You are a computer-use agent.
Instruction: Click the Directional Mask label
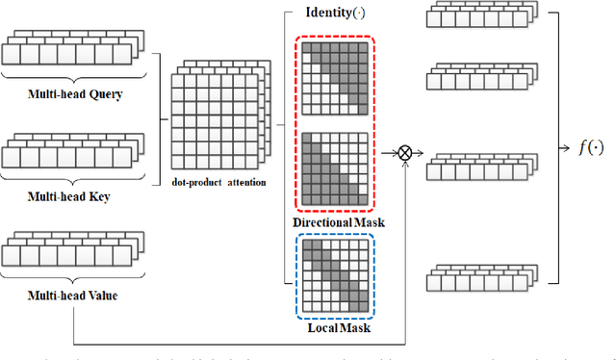point(338,222)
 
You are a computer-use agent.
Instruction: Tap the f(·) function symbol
point(589,148)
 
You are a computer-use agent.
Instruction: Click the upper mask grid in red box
point(337,75)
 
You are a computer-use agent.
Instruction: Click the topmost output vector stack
point(475,20)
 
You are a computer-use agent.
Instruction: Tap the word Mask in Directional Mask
point(367,222)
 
